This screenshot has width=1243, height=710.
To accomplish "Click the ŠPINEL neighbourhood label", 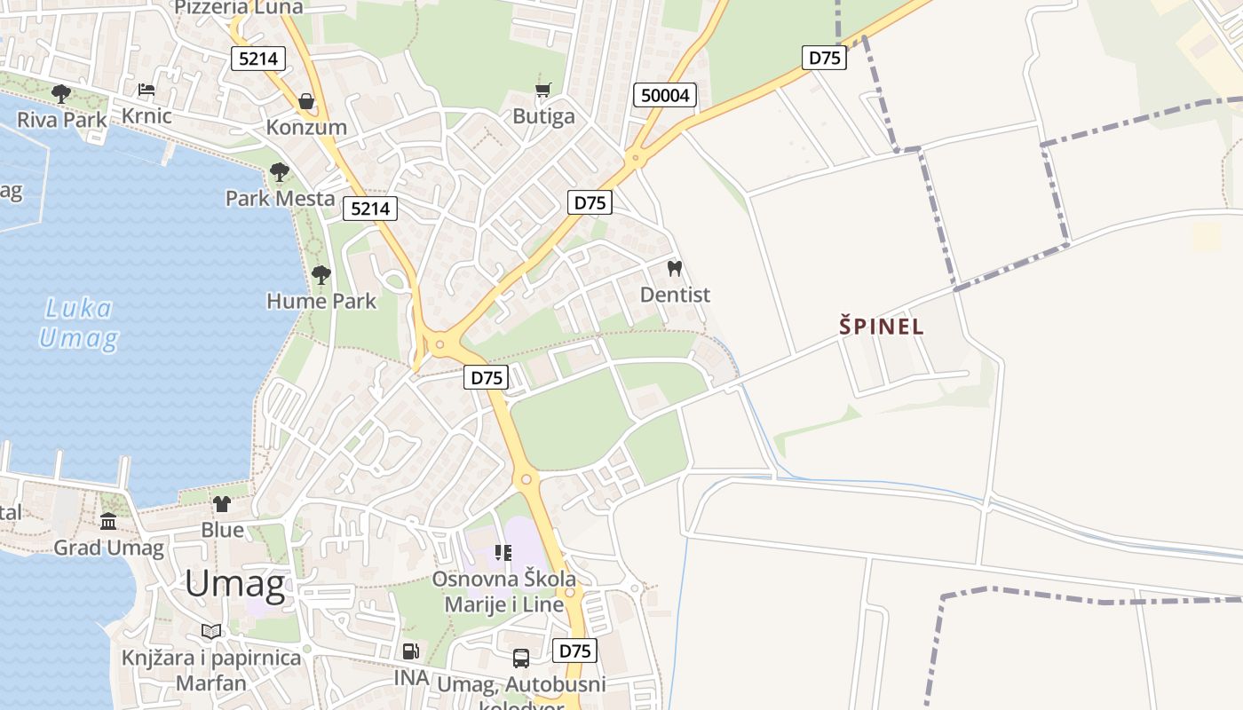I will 882,326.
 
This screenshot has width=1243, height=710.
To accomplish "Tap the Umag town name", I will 235,585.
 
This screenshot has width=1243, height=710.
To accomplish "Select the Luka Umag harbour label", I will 79,323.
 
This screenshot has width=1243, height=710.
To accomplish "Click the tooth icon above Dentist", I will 675,268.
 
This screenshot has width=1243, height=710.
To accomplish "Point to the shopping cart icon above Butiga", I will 543,90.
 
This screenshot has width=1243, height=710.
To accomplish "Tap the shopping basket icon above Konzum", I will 306,101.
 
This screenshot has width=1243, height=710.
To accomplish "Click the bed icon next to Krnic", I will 146,90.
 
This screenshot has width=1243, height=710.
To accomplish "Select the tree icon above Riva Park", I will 60,92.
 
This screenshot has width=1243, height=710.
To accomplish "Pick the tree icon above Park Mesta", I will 280,171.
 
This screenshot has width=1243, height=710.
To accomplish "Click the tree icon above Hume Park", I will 321,274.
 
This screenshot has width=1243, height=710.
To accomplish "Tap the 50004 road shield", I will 664,95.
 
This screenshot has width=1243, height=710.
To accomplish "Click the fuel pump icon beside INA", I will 410,651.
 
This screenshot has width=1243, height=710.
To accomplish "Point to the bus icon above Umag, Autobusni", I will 521,659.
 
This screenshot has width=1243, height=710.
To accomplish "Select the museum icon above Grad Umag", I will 108,521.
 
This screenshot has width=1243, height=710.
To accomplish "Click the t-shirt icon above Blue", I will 221,504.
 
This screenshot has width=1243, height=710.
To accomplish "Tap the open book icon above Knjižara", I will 210,631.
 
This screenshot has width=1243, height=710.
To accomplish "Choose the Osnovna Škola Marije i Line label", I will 503,592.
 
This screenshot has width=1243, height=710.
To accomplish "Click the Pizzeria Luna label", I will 239,7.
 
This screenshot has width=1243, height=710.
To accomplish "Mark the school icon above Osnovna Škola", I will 503,553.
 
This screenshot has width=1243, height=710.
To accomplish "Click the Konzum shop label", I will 306,127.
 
